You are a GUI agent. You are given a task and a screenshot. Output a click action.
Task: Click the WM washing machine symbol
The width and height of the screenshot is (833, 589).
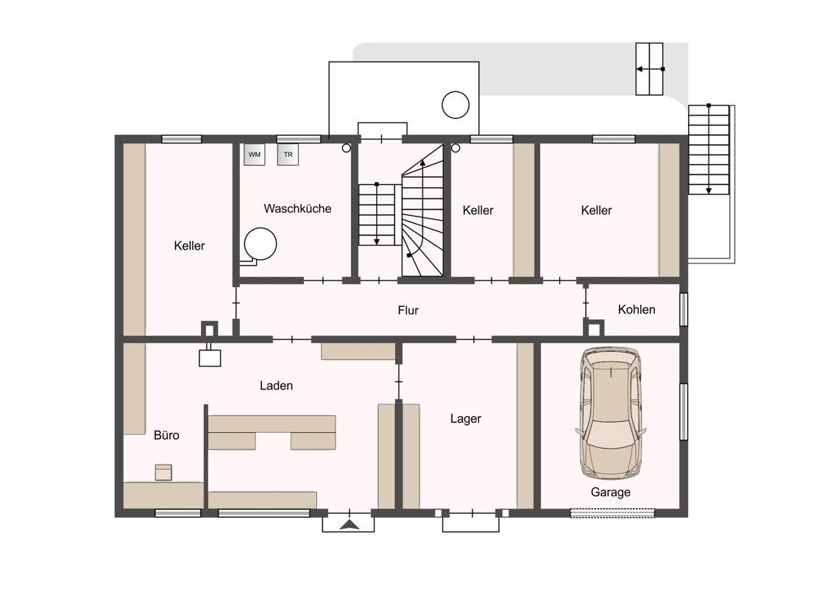coord(255,155)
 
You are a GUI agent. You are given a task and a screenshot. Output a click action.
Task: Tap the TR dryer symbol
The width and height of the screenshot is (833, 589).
coord(288,155)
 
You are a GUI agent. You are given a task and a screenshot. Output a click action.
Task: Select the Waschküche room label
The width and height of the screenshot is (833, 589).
coord(297,208)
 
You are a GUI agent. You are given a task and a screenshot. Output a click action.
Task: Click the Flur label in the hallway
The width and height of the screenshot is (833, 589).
coord(408,311)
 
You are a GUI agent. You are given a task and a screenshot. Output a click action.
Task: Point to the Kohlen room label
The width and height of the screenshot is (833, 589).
coord(637,309)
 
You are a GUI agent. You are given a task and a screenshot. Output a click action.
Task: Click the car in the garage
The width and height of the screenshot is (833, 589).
coord(611,412)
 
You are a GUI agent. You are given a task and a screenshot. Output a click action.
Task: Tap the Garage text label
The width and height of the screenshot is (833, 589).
coord(611,493)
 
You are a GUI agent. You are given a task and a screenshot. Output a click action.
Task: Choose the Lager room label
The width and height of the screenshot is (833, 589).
coord(465,418)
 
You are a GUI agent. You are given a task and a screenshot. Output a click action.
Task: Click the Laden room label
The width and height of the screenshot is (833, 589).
coord(276,385)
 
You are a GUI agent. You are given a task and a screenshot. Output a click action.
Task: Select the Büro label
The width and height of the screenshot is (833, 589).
coord(166,435)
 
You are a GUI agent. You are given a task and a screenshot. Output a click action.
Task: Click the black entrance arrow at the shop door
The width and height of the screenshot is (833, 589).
coord(349,525)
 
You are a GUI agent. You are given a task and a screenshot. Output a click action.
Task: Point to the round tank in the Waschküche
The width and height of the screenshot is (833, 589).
coord(260,244)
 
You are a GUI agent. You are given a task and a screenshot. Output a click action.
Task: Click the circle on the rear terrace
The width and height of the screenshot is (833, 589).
coord(456,105)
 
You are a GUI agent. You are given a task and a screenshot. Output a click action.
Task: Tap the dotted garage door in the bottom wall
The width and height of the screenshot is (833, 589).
coord(612,513)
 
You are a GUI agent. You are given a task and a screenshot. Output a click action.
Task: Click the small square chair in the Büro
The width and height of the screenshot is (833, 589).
coord(163,472)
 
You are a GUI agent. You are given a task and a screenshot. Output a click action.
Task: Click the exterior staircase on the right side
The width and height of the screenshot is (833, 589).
coord(709,149)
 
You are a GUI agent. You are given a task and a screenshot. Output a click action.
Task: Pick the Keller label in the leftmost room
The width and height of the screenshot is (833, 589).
coord(189,246)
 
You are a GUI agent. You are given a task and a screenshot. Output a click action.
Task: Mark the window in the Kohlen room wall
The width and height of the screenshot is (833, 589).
coord(684,308)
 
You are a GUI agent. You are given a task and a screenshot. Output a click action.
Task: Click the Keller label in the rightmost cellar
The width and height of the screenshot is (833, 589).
coord(596,210)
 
